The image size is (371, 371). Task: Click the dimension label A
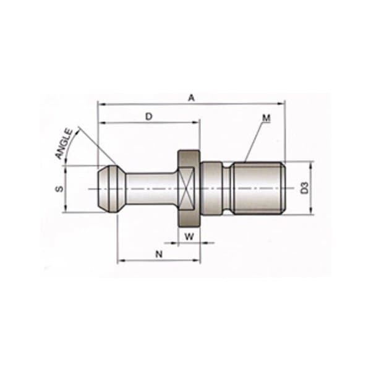[x=192, y=97]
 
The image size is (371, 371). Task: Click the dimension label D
[x=148, y=116]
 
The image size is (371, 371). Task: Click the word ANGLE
[x=64, y=144]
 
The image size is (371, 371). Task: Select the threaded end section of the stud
[x=260, y=187]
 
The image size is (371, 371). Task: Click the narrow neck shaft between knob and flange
[x=151, y=187]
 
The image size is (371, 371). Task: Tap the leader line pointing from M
[x=254, y=139]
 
